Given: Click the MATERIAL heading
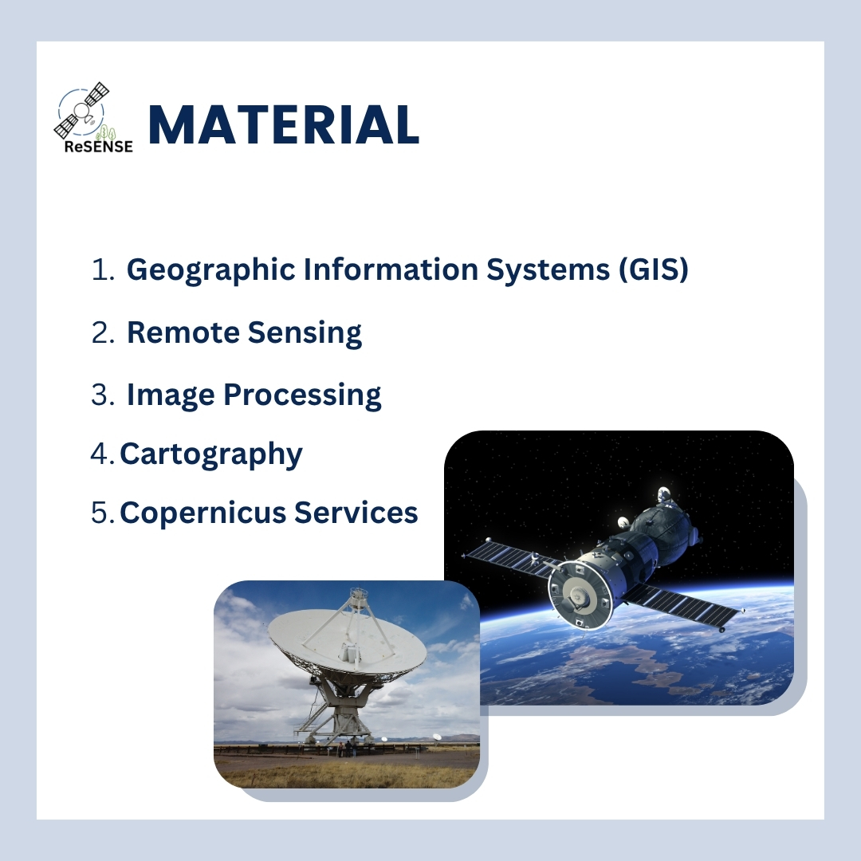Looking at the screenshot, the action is [x=284, y=124].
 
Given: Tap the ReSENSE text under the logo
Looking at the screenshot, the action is [x=99, y=147].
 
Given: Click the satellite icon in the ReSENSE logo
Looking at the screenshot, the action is [x=82, y=110].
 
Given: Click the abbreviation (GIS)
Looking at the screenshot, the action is [x=654, y=269].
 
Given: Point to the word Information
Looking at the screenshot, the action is [x=391, y=269].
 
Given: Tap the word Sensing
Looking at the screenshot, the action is [x=305, y=333].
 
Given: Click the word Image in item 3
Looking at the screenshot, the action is [x=171, y=395].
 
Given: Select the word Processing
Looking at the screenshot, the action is [x=303, y=395].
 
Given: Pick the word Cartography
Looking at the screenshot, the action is [x=211, y=454].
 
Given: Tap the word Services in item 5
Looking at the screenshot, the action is [x=356, y=513].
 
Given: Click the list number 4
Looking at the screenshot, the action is [x=100, y=454].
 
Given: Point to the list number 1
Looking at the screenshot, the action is [x=103, y=269].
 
